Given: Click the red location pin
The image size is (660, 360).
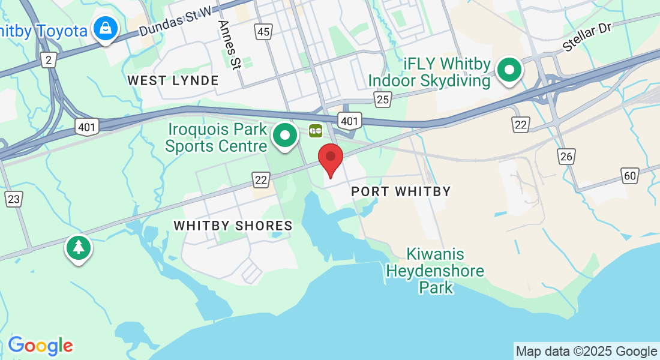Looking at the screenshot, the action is tap(330, 158).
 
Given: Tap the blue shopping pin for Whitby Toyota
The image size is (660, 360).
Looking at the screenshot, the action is tap(106, 28).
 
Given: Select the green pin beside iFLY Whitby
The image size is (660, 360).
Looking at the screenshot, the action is tap(509, 71).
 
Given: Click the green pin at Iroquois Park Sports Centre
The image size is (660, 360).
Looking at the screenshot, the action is tap(285, 136).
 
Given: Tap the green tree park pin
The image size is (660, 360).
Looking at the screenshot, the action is tap(79, 247).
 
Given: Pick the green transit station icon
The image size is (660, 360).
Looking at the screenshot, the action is tap(316, 130).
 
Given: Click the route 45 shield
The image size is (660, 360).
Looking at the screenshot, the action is tap(263, 31).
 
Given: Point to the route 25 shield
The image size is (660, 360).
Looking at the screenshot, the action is tap(383, 99).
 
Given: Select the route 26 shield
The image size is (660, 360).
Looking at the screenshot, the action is tap(565, 157).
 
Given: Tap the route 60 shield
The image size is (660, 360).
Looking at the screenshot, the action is tap(629, 176).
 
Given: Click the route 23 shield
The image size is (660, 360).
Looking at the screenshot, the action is tap(13, 199).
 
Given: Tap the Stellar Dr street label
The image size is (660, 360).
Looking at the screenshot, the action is tap(586, 38).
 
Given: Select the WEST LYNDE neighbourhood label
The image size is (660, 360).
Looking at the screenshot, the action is tap(173, 80).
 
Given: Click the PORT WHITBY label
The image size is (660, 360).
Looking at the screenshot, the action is tap(401, 191).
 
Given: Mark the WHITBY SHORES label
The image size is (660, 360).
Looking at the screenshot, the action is tap(233, 226).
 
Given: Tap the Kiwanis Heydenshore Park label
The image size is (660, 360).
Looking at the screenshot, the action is tap(435, 271).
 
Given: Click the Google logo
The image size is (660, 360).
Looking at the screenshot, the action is tap(40, 346).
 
